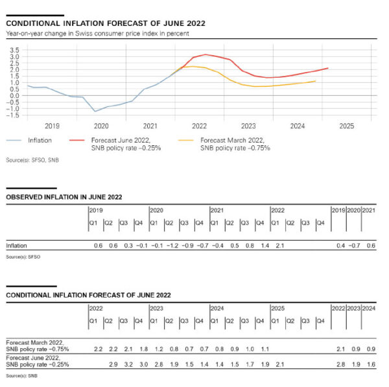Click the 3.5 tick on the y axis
pyautogui.click(x=14, y=49)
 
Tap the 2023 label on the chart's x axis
pyautogui.click(x=248, y=126)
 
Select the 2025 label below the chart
pyautogui.click(x=346, y=126)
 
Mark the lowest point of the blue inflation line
pyautogui.click(x=96, y=111)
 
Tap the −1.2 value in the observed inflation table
pyautogui.click(x=172, y=246)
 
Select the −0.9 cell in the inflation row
pyautogui.click(x=188, y=246)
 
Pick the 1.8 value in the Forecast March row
pyautogui.click(x=143, y=349)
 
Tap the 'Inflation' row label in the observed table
pyautogui.click(x=16, y=246)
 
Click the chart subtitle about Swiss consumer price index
pyautogui.click(x=97, y=33)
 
